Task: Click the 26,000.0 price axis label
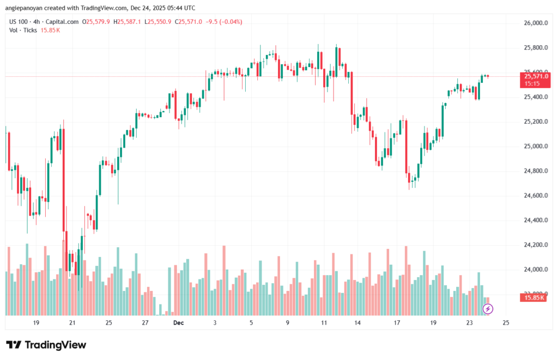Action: coord(535,23)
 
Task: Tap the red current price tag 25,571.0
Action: coord(535,77)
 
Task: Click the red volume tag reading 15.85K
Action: coord(535,298)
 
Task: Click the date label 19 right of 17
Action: coord(433,323)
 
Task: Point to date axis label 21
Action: coord(72,323)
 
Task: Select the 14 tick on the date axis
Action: coord(357,323)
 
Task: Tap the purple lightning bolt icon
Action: coord(488,309)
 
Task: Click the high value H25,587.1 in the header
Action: coord(126,22)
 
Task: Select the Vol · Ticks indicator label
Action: coord(23,30)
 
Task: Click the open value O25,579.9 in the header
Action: coord(96,22)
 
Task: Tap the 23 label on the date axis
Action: coord(470,323)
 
